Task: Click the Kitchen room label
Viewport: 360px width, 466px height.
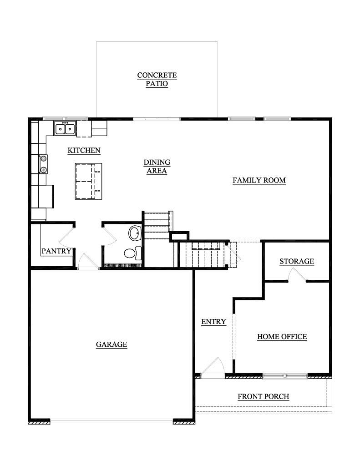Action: coord(84,150)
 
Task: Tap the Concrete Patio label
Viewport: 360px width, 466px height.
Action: coord(157,79)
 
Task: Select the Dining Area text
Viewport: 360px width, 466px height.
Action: coord(157,167)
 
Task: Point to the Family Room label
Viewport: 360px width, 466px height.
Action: coord(259,180)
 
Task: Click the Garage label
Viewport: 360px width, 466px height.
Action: coord(112,344)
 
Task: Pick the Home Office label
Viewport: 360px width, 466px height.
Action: coord(282,337)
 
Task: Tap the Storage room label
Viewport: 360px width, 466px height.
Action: coord(297,261)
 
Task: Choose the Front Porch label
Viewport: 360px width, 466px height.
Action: coord(264,396)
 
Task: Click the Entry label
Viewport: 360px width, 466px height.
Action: coord(213,322)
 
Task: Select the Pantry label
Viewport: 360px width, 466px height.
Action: coord(56,251)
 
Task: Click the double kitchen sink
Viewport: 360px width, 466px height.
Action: coord(65,128)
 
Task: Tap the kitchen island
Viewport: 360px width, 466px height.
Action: coord(88,181)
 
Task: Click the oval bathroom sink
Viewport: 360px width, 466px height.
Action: coord(135,233)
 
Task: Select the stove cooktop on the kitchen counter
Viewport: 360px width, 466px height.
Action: coord(43,164)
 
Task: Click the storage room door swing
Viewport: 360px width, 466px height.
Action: coord(297,274)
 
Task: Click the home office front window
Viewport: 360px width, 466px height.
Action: coord(285,376)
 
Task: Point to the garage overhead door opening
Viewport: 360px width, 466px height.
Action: coord(112,421)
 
